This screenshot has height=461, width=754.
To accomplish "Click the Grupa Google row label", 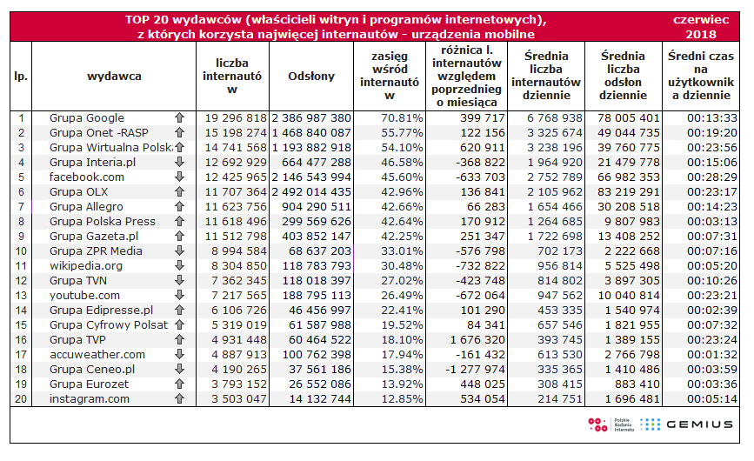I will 87,118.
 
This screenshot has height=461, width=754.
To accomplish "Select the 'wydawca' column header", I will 114,77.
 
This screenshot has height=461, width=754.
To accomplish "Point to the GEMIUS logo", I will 686,424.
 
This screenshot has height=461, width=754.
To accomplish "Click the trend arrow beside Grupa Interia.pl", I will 179,163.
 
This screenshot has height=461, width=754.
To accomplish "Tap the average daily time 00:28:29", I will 703,177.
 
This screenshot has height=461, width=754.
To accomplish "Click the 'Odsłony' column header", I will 311,77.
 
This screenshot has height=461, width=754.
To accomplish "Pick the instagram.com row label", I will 90,399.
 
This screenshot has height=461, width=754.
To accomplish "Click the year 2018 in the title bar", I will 700,35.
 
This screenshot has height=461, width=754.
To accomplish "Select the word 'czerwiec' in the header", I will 700,19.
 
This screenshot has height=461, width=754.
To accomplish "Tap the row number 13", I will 21,296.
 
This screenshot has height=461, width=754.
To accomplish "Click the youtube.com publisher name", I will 85,296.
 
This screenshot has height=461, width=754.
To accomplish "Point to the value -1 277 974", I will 470,370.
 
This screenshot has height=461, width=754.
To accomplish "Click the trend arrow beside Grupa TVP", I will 179,340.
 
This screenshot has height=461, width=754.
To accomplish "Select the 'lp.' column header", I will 21,77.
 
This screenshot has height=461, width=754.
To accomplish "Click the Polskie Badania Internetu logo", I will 609,424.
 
